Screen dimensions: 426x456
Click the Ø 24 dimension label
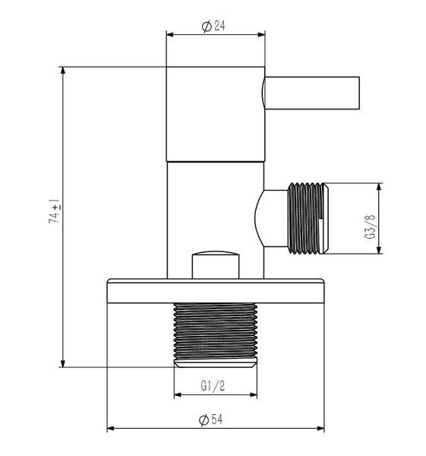pyautogui.click(x=213, y=26)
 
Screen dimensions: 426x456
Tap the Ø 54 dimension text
pyautogui.click(x=210, y=420)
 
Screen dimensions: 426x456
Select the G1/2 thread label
pyautogui.click(x=213, y=386)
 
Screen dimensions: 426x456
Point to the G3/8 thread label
pyautogui.click(x=370, y=226)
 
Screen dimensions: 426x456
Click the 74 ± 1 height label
pyautogui.click(x=55, y=211)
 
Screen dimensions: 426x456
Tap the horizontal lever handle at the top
pyautogui.click(x=311, y=93)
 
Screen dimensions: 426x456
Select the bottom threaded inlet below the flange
pyautogui.click(x=216, y=335)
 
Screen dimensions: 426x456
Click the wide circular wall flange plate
pyautogui.click(x=216, y=291)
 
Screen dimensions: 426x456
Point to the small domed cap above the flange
pyautogui.click(x=216, y=264)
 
